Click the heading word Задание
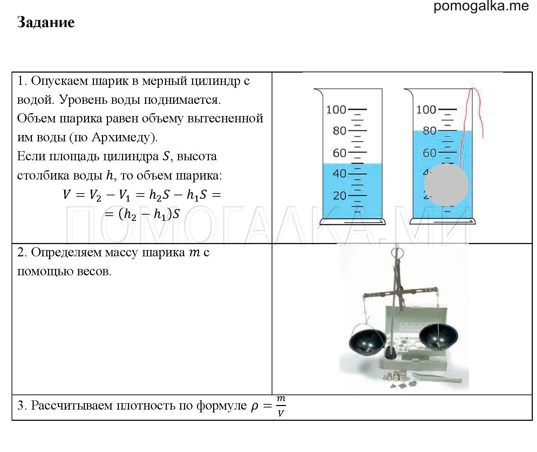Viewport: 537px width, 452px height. pyautogui.click(x=46, y=22)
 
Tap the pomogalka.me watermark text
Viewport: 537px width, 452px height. pyautogui.click(x=481, y=6)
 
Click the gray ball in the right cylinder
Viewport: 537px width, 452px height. pyautogui.click(x=446, y=185)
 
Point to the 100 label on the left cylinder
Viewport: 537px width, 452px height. pyautogui.click(x=336, y=110)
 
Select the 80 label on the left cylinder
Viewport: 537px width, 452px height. pyautogui.click(x=339, y=131)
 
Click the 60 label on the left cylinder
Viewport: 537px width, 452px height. pyautogui.click(x=339, y=153)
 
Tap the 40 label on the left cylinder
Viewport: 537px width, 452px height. pyautogui.click(x=339, y=174)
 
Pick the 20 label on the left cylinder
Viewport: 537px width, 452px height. pyautogui.click(x=339, y=195)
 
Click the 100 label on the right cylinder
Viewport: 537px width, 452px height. pyautogui.click(x=426, y=110)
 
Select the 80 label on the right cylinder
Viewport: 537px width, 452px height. pyautogui.click(x=429, y=131)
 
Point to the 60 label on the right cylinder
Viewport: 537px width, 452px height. pyautogui.click(x=429, y=153)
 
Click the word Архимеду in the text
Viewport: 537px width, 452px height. pyautogui.click(x=121, y=137)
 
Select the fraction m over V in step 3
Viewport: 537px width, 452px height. pyautogui.click(x=280, y=406)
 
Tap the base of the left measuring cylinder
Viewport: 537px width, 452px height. pyautogui.click(x=352, y=222)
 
